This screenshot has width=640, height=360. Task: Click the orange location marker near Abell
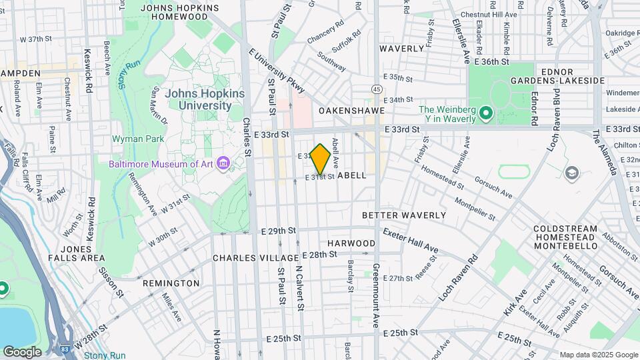point(321,159)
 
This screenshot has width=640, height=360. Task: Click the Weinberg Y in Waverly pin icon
point(485,114)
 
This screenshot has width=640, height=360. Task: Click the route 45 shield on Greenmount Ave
point(377,89)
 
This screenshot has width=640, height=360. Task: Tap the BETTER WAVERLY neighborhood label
point(404,215)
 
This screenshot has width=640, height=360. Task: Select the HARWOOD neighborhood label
point(351,243)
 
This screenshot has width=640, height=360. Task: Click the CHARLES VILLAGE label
point(255,258)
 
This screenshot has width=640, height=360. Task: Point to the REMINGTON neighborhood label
point(171,283)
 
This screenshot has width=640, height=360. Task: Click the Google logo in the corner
point(22,351)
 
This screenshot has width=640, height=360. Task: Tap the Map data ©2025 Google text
point(598,355)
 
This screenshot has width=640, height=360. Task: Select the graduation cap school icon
point(571,174)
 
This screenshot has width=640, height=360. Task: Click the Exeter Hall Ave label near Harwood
point(411,240)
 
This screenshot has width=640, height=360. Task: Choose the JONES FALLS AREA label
point(77,253)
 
